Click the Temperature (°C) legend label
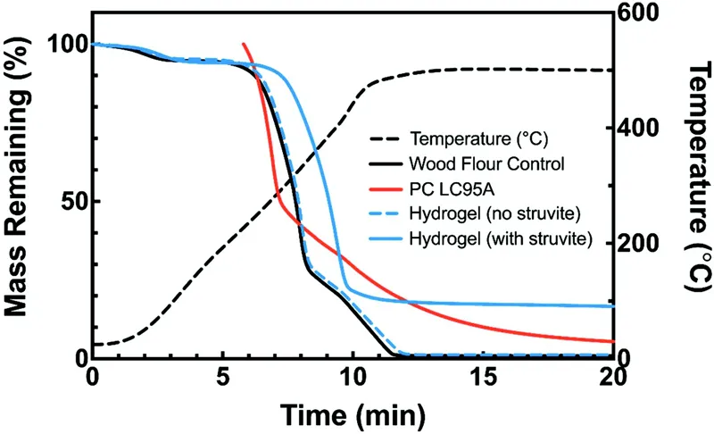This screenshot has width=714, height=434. click(x=478, y=139)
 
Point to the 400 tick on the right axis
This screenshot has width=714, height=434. click(x=638, y=129)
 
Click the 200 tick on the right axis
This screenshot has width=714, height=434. click(x=638, y=243)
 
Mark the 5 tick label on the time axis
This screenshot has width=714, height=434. click(x=221, y=379)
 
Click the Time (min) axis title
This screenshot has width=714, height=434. click(x=351, y=413)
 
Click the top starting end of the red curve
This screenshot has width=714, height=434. click(x=243, y=44)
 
